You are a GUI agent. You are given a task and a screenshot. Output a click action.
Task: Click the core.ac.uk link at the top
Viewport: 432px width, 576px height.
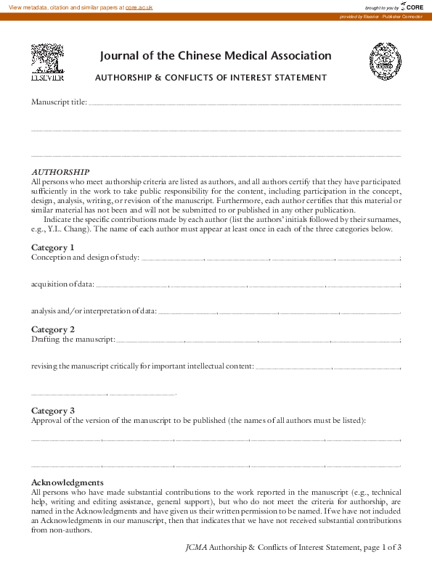click(x=139, y=7)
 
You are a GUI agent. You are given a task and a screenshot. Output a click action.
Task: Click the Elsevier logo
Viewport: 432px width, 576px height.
click(x=46, y=62)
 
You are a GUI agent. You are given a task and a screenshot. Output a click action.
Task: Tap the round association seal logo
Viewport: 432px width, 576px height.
click(x=385, y=61)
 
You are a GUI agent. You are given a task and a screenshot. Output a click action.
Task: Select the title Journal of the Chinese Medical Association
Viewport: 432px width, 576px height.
click(x=215, y=56)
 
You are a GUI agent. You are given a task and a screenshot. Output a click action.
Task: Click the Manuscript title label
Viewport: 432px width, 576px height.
click(x=59, y=102)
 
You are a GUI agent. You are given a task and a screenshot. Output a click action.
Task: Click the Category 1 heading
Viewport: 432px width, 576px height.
click(x=53, y=247)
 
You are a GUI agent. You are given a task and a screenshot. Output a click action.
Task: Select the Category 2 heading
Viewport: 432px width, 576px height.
click(x=53, y=329)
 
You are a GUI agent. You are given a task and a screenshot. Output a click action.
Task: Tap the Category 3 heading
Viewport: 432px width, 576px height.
click(x=53, y=411)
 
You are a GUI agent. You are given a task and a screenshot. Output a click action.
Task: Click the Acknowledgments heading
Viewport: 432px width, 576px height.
click(x=67, y=482)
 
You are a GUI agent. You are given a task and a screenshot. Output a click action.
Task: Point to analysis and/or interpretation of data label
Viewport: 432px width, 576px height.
click(x=94, y=311)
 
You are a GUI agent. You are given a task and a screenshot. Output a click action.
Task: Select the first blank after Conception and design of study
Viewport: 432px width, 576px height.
click(x=173, y=258)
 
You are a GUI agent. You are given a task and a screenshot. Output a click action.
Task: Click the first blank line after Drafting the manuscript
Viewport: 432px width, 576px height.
click(x=151, y=340)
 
